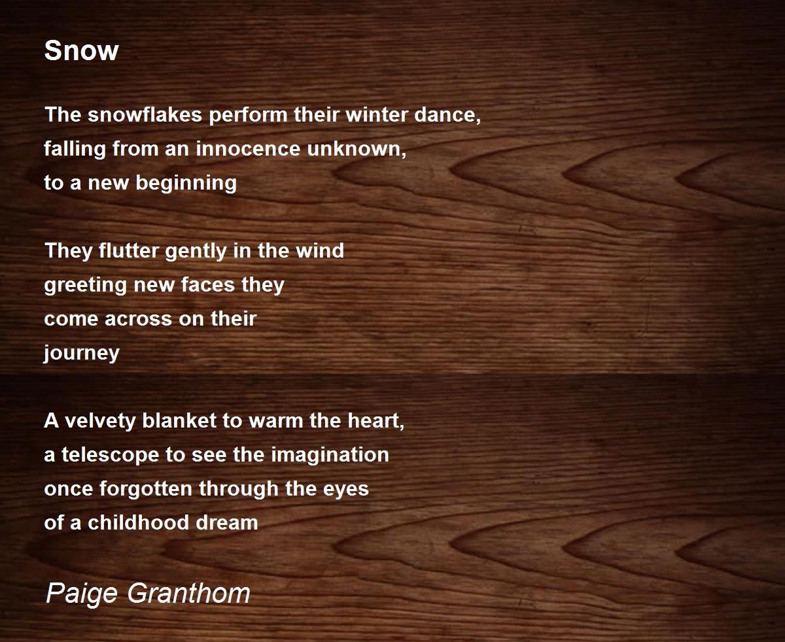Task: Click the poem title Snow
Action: point(81,50)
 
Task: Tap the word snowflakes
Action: point(145,114)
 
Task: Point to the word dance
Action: point(447,114)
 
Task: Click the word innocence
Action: point(248,148)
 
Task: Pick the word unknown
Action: point(357,149)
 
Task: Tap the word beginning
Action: point(186,183)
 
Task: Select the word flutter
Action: point(129,250)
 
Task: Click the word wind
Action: point(320,250)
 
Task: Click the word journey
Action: point(82,353)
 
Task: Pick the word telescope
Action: point(111,455)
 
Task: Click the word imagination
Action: point(330,455)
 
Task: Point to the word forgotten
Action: point(145,488)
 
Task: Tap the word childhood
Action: point(139,522)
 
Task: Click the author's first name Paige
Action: point(82,594)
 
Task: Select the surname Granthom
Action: point(188,593)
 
